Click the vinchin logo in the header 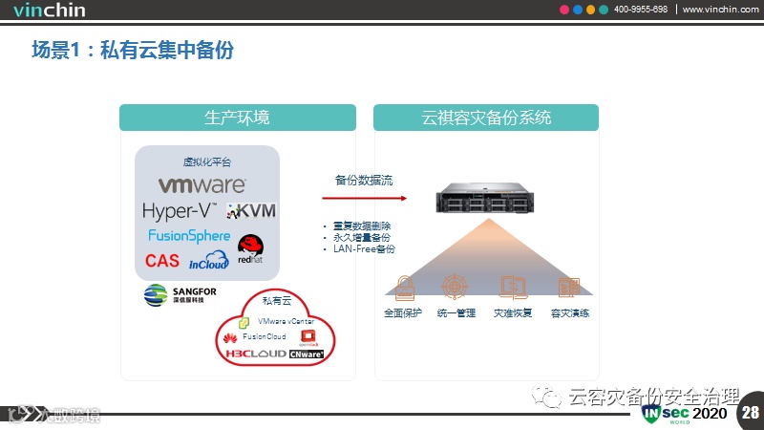(x=49, y=11)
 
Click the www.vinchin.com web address (x=720, y=10)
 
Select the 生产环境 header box (x=238, y=118)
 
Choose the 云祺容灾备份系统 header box (x=486, y=118)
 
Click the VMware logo (x=201, y=184)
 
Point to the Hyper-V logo (x=179, y=210)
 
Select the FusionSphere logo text (x=189, y=235)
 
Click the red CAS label (x=161, y=260)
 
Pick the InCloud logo (x=209, y=260)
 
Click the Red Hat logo (x=251, y=250)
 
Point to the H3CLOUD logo (x=255, y=354)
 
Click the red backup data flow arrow (x=364, y=199)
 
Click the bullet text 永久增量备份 (x=361, y=237)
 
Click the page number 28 (x=750, y=413)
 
